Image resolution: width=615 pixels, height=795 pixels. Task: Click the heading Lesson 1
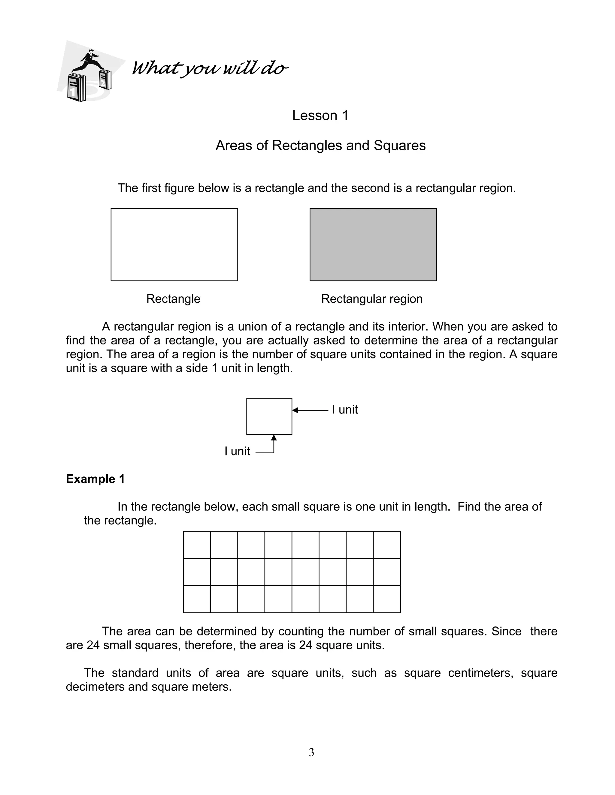coord(320,115)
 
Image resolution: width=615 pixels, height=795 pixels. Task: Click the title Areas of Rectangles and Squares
coord(320,145)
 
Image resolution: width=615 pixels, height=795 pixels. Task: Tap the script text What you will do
coord(210,68)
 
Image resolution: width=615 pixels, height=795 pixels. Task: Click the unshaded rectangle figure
coord(174,244)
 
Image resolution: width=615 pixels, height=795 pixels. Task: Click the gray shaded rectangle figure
coord(373,244)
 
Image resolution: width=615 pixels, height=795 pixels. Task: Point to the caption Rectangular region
coord(372,299)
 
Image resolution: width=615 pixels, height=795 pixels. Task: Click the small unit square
coord(269,416)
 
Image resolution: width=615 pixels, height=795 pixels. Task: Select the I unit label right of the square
coord(345,410)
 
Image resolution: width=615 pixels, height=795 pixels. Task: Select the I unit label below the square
coord(237,451)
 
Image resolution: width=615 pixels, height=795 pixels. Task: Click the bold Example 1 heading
coord(95,479)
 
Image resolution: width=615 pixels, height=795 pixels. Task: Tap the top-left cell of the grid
coord(197,544)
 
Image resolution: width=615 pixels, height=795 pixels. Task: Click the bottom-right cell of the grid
coord(386,599)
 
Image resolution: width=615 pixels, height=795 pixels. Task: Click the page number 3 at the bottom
coord(311,752)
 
